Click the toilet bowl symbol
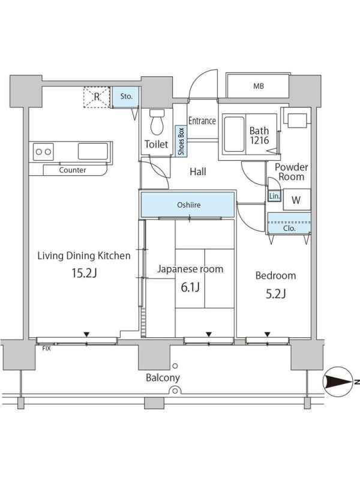[157, 122]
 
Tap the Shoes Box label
[181, 141]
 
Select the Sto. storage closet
[126, 97]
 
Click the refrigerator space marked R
[97, 97]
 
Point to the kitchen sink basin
[93, 151]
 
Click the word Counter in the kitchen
[73, 170]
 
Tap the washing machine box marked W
[296, 200]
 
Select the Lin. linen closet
[274, 196]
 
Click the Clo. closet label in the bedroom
[289, 229]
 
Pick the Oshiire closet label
[189, 205]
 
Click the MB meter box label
[259, 86]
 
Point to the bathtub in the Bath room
[234, 134]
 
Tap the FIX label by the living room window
[46, 349]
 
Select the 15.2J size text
[84, 273]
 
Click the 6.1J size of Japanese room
[190, 287]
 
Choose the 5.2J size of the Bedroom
[275, 294]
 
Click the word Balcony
[163, 378]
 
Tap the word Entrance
[202, 121]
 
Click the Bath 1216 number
[260, 140]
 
